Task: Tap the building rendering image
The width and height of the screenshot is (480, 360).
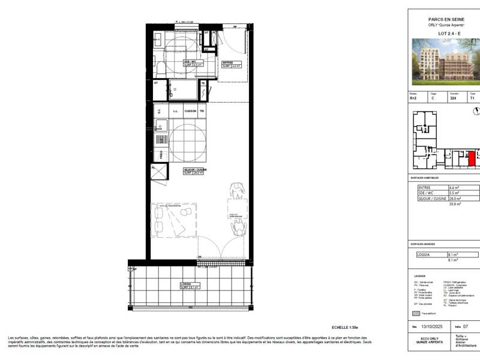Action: click(445, 60)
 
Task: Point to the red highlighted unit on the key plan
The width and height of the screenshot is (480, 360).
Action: click(472, 159)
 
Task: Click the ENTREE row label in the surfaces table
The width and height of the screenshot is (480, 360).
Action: click(425, 188)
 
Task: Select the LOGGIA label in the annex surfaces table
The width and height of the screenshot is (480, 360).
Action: click(424, 255)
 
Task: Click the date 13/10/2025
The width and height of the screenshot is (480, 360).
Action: click(431, 327)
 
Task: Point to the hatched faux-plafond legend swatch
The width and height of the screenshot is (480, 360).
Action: click(415, 313)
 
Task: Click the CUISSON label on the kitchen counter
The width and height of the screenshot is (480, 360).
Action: click(191, 111)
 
